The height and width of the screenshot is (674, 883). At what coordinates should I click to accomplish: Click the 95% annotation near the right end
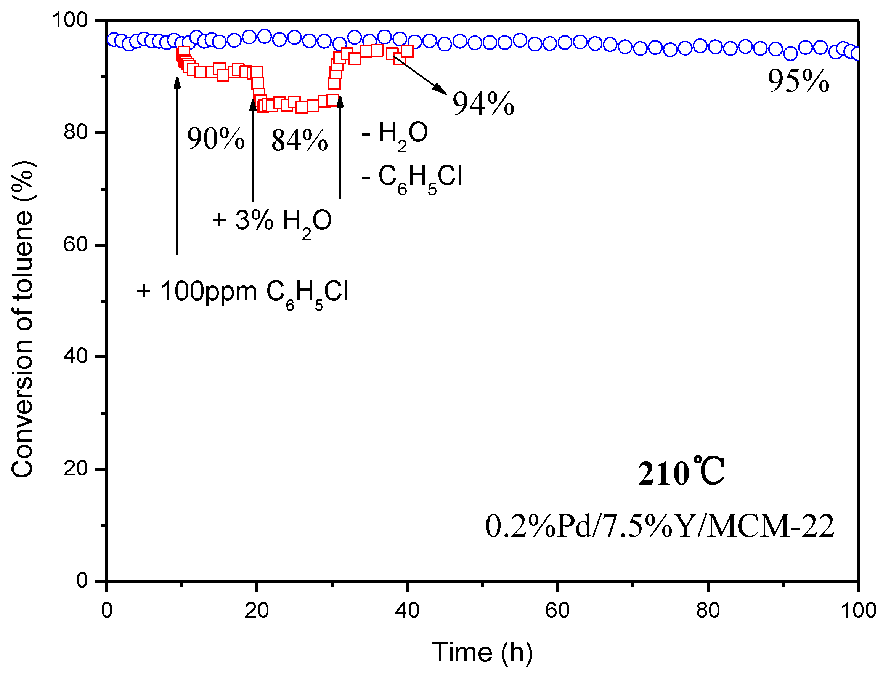tap(798, 82)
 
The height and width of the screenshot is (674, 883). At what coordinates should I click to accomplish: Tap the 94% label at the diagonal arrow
tap(483, 104)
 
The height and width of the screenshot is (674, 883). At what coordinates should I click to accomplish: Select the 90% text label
tap(216, 138)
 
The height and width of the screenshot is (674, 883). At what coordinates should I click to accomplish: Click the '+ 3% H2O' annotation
tap(272, 221)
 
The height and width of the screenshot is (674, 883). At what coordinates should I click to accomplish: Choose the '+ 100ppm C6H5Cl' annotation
tap(242, 292)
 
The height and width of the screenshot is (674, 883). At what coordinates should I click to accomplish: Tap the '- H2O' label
tap(395, 134)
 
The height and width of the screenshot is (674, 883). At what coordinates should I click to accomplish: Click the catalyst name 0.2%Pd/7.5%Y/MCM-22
tap(660, 527)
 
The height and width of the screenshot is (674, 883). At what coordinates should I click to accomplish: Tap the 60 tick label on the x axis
tap(557, 611)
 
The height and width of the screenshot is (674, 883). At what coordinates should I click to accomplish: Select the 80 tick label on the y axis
tap(76, 132)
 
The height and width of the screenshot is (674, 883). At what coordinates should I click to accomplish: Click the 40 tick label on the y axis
tap(76, 356)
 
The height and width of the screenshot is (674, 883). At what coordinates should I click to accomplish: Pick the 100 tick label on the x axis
tap(858, 611)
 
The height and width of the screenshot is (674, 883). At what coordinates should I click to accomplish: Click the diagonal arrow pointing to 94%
tap(420, 75)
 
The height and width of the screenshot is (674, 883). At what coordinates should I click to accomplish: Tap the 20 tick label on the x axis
tap(257, 611)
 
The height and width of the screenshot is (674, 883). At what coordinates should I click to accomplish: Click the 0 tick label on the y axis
tap(82, 581)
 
